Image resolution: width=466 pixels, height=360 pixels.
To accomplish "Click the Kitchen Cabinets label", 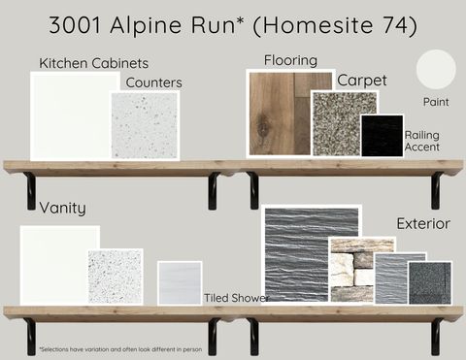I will click(93, 63).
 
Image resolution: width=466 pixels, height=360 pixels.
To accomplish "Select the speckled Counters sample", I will click(146, 126).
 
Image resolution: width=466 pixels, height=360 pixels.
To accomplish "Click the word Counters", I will click(153, 82).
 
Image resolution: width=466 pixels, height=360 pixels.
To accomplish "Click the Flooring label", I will click(290, 60).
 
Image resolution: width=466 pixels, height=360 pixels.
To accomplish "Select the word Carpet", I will click(361, 80).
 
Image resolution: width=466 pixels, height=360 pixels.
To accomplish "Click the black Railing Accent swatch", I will click(382, 136).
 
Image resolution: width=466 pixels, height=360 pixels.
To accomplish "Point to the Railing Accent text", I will click(421, 142).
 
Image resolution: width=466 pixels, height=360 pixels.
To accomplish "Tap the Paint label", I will click(436, 101).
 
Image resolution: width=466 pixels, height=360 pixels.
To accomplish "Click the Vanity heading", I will click(62, 208).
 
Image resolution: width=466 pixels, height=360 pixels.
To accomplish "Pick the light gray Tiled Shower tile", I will click(180, 282).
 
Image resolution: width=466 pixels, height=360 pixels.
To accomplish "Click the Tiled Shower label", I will click(236, 297).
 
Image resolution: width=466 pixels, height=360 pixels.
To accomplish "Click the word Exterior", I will click(422, 223).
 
